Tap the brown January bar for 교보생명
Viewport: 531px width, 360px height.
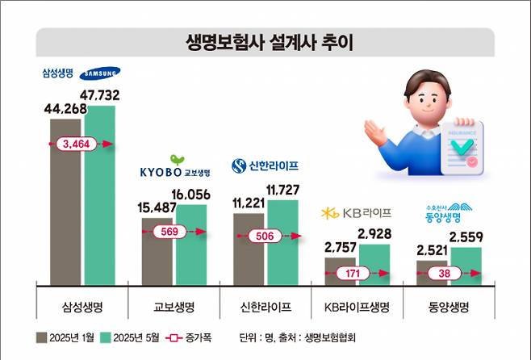coord(157,251)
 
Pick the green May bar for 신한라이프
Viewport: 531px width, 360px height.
coord(282,242)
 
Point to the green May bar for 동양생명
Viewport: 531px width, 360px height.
coord(466,266)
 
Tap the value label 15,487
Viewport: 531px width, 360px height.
coord(157,207)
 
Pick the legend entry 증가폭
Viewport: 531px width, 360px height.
coord(195,337)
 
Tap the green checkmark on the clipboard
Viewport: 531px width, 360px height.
coord(462,148)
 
